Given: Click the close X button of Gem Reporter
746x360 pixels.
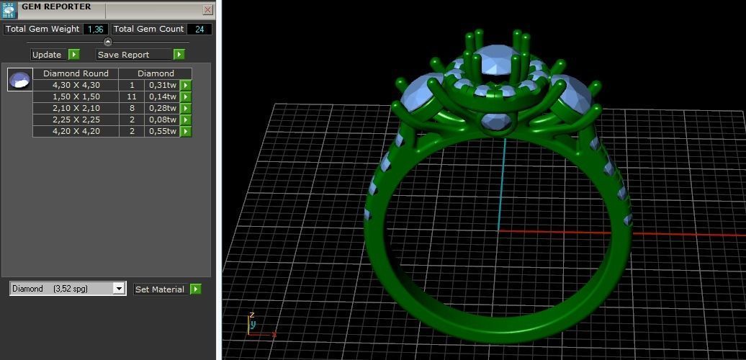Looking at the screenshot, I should point(207,10).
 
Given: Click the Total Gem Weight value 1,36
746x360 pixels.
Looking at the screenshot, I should point(95,30).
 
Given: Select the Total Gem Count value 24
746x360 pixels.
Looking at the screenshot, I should point(199,30).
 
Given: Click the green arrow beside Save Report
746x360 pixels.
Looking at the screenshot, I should point(179,55).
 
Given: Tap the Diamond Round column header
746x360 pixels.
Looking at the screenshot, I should point(76,73).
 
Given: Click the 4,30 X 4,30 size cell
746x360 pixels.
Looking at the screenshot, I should point(76,85).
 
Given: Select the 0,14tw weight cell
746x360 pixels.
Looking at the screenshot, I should point(162,96).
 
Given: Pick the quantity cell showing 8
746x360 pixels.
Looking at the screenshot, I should point(132,108).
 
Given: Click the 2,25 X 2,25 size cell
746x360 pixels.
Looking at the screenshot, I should point(76,120).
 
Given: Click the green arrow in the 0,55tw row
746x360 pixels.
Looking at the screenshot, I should point(185,131).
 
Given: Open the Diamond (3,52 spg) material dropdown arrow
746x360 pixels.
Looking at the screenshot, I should point(119,289).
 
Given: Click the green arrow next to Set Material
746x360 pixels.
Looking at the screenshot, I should point(195,289).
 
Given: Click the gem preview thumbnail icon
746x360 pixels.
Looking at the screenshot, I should point(19,79).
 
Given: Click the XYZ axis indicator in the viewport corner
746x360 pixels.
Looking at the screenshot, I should point(255,326).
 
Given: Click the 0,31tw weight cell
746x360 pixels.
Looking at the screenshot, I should point(162,85).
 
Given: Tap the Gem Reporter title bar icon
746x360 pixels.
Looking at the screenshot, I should point(8,9).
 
